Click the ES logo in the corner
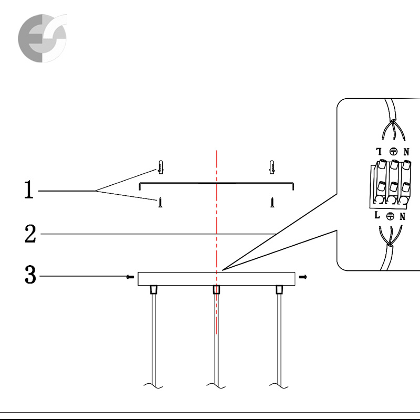pos(43,38)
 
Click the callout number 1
pos(29,190)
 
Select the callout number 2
pos(30,234)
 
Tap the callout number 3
pos(30,274)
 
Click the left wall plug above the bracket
pos(161,167)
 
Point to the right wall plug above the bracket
pos(271,167)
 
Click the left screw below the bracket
pos(161,202)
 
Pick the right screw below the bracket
pos(272,202)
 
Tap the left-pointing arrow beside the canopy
pos(130,277)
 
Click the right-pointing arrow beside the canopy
pos(303,277)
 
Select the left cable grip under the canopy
pos(153,290)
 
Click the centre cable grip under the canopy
pos(216,290)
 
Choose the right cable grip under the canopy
pos(279,290)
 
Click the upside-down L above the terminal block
pos(379,152)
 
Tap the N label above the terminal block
pos(406,152)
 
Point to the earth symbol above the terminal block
pos(393,152)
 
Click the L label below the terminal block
pos(377,215)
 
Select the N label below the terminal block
pos(403,216)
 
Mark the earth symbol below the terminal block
pos(390,216)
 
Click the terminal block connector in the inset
pos(390,184)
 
